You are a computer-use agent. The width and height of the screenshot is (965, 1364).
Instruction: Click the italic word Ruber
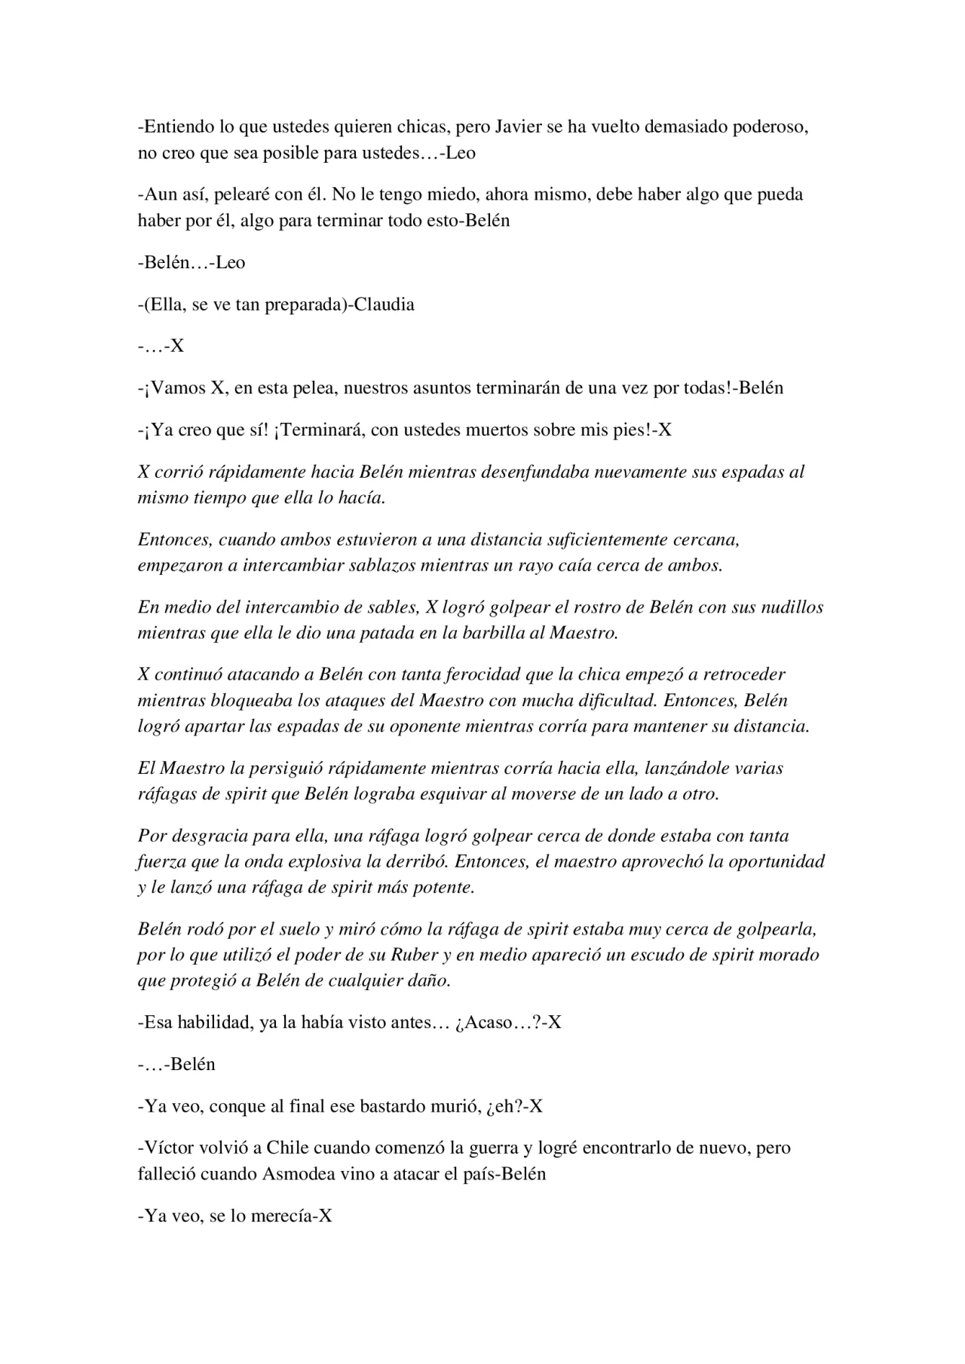coord(414,955)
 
